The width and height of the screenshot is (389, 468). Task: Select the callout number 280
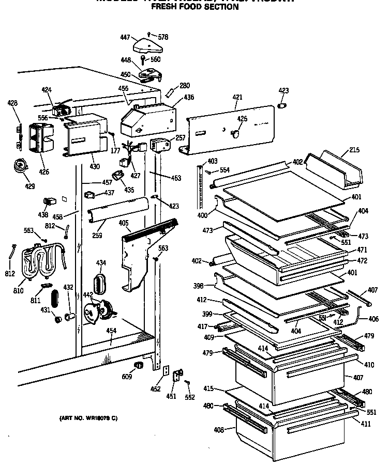tap(185, 86)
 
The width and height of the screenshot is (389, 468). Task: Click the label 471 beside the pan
tap(362, 250)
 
